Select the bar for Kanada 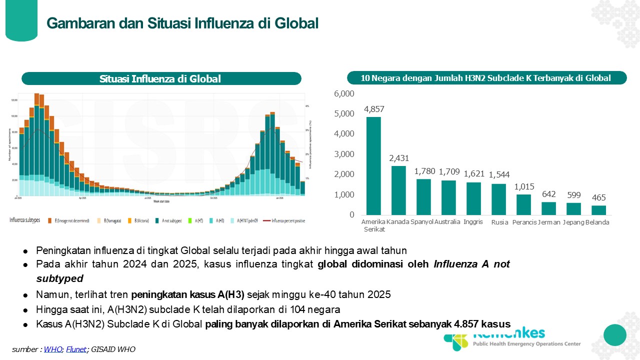[x=398, y=190]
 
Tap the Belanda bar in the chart [x=598, y=210]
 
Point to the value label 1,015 [x=523, y=186]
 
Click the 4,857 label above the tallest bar [x=374, y=109]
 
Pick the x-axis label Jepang [x=573, y=222]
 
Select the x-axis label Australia [x=447, y=222]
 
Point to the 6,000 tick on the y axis [x=343, y=93]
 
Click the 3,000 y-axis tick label [x=343, y=154]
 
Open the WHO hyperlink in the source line [x=53, y=349]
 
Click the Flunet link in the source [x=76, y=349]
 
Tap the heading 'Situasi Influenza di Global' [x=160, y=79]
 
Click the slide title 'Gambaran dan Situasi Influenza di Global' [x=182, y=23]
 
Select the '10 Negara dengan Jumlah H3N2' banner [x=486, y=78]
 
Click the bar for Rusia [x=498, y=199]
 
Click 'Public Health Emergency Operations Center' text [x=527, y=343]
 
